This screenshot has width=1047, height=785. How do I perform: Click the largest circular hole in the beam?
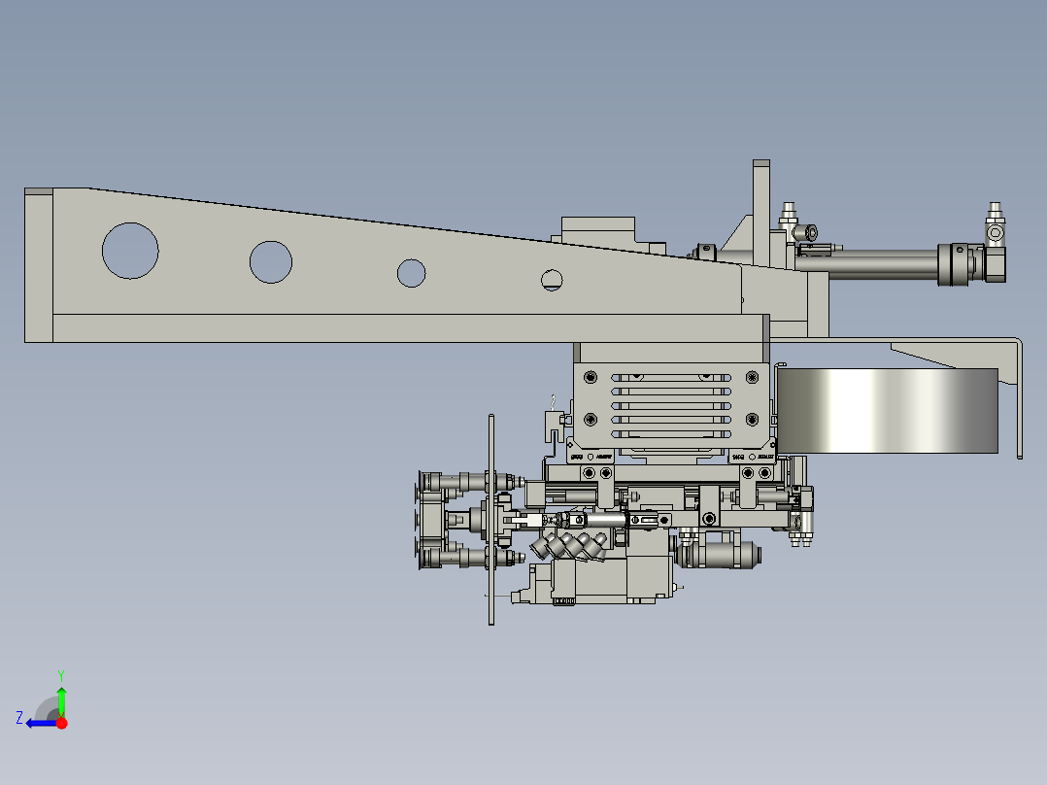130,251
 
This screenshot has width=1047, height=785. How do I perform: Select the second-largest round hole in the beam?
271,261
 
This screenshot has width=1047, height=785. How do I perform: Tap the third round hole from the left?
411,273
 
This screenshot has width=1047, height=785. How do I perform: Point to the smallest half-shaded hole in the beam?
552,281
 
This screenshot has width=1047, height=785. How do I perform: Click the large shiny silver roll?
889,411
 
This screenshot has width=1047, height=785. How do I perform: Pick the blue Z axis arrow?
39,723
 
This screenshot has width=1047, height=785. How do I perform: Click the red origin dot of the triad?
62,723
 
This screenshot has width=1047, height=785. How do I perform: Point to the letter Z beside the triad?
19,717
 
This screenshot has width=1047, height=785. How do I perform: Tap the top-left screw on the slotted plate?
588,377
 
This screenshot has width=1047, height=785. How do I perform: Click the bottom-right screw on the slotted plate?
751,419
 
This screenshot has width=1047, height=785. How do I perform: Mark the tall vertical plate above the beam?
760,209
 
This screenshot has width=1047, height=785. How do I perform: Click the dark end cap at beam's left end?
39,265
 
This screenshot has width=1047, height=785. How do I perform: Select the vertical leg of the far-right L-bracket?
1019,398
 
